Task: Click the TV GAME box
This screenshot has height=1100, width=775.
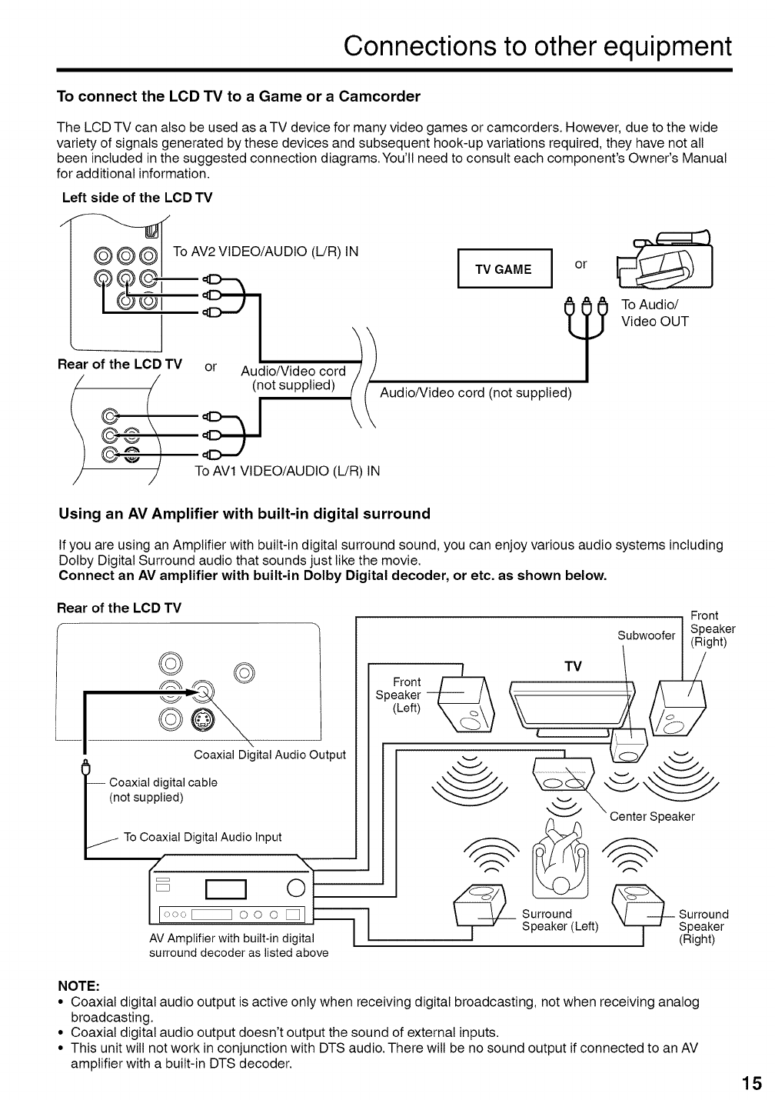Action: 504,269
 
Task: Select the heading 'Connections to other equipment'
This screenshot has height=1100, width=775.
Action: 537,46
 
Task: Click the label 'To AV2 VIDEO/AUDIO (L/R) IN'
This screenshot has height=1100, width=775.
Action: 266,252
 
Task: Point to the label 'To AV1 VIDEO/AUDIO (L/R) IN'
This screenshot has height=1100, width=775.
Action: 288,471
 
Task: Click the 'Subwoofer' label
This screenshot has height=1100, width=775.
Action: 646,635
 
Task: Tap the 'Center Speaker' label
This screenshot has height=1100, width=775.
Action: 652,816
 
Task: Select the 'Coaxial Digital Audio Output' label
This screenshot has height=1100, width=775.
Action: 270,755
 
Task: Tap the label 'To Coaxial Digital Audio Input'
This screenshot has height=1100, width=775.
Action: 202,837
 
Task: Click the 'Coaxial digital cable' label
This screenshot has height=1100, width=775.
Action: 163,782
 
